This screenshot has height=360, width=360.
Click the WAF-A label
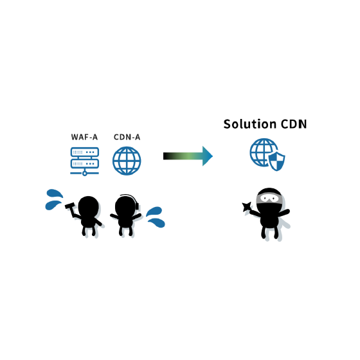84,137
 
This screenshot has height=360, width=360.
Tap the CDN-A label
127,137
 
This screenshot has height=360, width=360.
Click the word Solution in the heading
250,124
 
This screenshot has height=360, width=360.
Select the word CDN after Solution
294,124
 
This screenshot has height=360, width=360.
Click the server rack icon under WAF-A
84,161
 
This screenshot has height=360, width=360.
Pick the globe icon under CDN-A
127,161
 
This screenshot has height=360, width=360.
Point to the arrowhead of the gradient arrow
208,156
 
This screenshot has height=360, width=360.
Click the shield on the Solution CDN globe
277,161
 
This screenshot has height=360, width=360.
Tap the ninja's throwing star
247,206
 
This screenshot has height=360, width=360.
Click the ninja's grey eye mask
269,198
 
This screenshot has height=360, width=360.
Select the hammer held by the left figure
71,210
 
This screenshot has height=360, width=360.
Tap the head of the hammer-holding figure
89,206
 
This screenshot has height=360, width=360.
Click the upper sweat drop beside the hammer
55,194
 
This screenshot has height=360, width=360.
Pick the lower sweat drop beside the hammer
53,205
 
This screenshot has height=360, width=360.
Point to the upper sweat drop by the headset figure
154,212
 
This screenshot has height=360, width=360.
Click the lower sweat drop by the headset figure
157,222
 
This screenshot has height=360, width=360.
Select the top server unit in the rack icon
85,152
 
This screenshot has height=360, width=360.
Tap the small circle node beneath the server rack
84,174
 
